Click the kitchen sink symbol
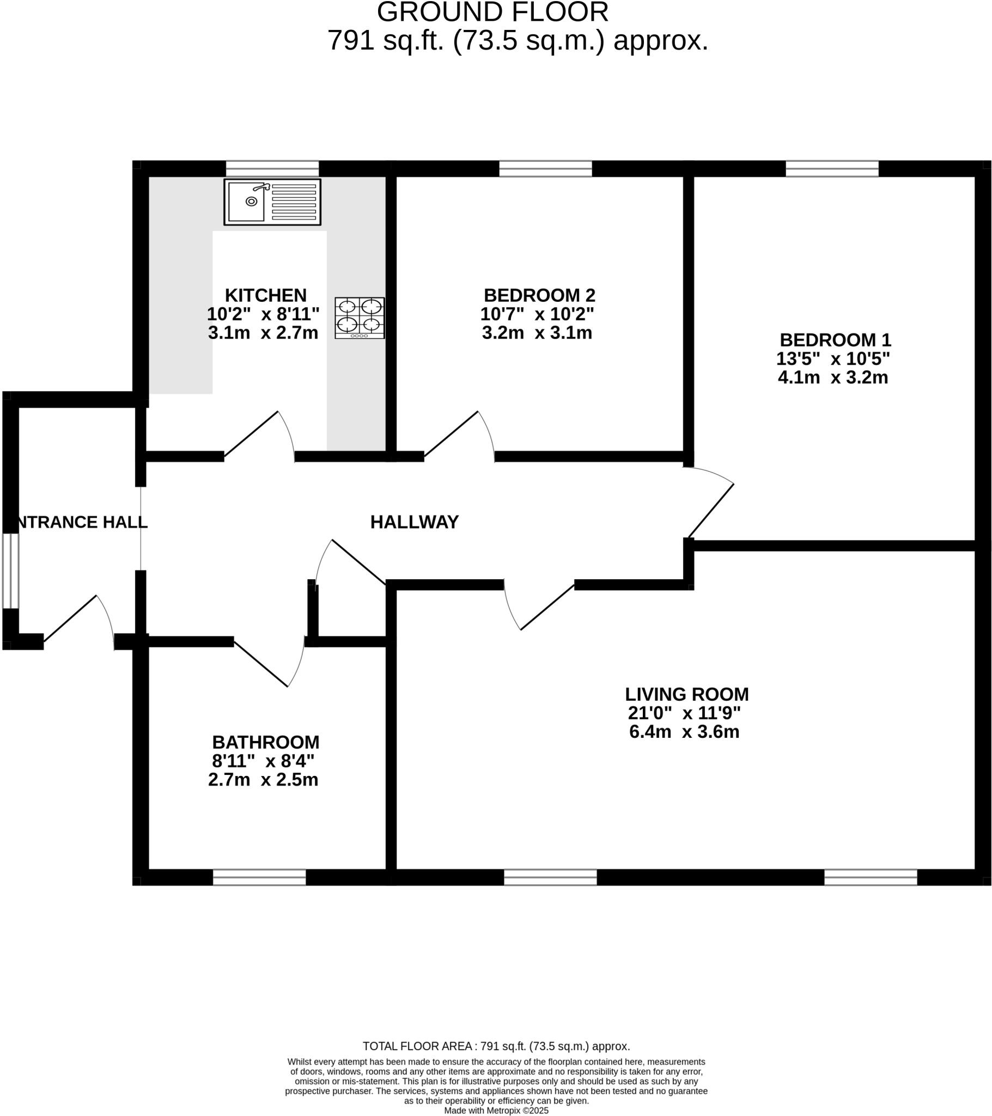click(272, 202)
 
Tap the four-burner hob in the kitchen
click(359, 318)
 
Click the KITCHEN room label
click(265, 295)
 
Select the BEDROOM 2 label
click(539, 295)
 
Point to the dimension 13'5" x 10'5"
click(832, 359)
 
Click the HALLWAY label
click(415, 522)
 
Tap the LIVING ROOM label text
click(686, 694)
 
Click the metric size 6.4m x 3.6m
click(684, 732)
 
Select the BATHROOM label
click(265, 742)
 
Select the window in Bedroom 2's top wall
click(545, 169)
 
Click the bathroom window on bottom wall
click(259, 877)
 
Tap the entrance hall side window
click(10, 571)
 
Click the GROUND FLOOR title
click(492, 12)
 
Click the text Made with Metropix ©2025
click(496, 1111)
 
